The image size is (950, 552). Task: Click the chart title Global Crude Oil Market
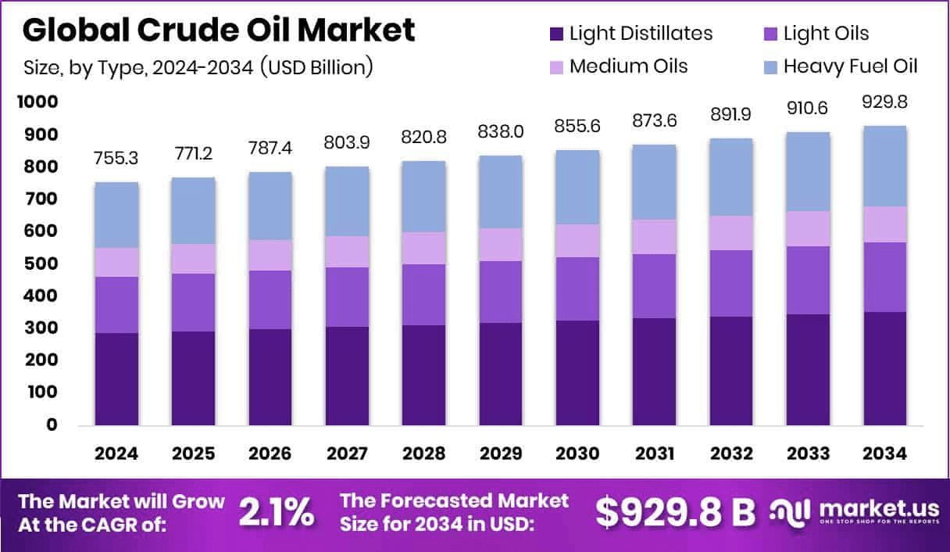(219, 30)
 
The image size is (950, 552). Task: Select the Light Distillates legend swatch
(556, 34)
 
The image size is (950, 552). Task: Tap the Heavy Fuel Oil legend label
(850, 66)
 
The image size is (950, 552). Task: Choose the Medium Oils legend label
(628, 66)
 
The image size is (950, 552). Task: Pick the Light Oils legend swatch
(770, 34)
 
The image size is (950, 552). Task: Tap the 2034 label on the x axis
(884, 454)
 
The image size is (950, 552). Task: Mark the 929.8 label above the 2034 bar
(884, 102)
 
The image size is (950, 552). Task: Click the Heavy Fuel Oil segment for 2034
(884, 166)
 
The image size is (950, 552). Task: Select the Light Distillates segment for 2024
(116, 378)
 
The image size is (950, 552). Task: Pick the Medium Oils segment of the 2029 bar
(501, 244)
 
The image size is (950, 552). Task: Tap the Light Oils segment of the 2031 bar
(655, 285)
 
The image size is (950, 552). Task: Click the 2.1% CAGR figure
(277, 512)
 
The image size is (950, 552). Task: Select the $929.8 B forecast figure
(676, 512)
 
